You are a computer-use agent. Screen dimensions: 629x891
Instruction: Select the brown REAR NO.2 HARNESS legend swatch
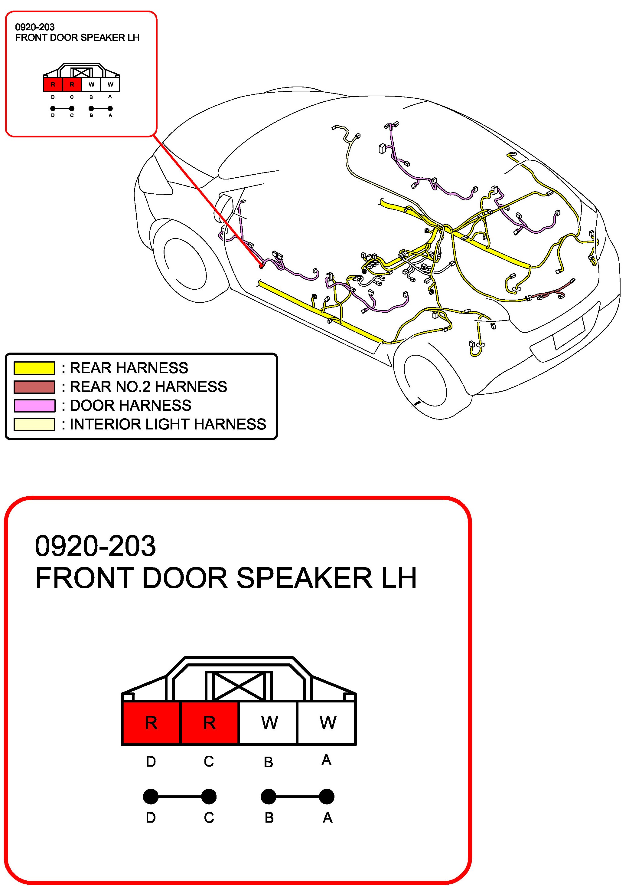[34, 387]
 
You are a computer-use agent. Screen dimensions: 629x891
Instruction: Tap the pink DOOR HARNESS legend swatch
[34, 406]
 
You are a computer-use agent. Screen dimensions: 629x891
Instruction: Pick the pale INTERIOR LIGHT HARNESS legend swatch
[34, 424]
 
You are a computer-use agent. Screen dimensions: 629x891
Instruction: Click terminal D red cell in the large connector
[151, 723]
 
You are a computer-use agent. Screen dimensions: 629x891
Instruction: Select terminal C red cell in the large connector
[209, 723]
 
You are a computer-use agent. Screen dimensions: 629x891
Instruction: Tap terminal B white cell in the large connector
[268, 723]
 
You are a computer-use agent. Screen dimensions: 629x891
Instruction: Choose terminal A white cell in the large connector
[327, 723]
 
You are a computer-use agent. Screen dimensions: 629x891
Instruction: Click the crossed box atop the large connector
[239, 686]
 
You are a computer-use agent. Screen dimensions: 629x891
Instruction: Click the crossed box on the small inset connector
[81, 72]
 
